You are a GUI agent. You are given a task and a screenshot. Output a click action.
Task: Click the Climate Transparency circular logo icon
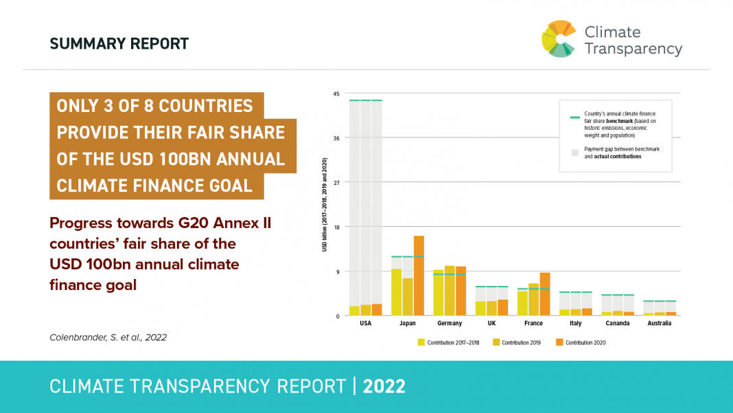(559, 38)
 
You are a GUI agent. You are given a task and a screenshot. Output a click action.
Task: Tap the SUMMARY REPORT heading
(119, 44)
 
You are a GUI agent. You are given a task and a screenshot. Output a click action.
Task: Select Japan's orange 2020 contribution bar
(419, 276)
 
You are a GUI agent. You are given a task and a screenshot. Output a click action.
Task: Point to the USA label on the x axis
(366, 323)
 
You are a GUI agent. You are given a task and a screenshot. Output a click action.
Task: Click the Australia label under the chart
(660, 323)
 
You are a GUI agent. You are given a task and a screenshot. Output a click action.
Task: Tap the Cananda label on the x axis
(618, 323)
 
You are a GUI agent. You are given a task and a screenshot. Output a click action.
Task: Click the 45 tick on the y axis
(336, 94)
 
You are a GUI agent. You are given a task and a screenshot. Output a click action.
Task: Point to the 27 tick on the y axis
(336, 183)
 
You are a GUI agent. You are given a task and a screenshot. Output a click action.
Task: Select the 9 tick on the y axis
(338, 271)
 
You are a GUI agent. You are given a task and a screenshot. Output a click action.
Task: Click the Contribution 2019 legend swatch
(496, 342)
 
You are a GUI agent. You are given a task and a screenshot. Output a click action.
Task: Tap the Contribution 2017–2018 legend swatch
(421, 342)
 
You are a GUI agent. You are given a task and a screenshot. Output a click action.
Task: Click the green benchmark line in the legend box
(575, 118)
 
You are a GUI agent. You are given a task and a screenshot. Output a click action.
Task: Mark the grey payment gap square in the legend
(575, 152)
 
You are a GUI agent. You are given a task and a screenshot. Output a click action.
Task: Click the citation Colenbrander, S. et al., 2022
(108, 337)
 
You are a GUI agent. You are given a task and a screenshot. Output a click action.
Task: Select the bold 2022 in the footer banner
(384, 386)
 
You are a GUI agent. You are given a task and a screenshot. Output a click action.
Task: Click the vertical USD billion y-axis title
(324, 204)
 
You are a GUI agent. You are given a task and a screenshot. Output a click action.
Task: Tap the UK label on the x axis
(491, 323)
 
